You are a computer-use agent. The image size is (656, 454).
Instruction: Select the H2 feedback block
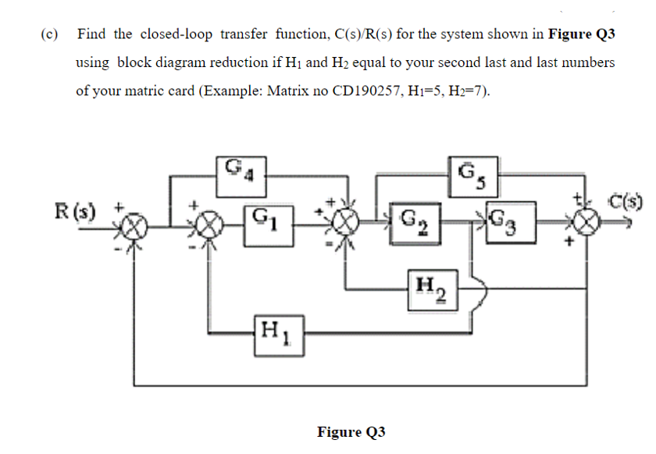(x=429, y=289)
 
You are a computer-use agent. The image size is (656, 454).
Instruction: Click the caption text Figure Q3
(x=351, y=432)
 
